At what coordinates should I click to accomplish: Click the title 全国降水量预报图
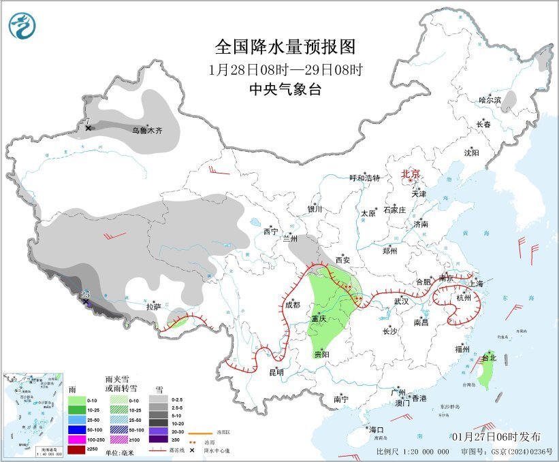pos(285,47)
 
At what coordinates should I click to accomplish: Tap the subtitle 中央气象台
pos(285,89)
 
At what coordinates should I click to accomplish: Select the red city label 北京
pos(411,174)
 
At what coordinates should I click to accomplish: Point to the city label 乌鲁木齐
pos(147,129)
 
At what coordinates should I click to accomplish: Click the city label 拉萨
pos(153,307)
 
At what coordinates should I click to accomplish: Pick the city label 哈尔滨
pos(490,99)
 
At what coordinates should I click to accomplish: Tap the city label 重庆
pos(320,318)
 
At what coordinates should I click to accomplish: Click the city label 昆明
pos(276,372)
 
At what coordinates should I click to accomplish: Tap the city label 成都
pos(292,305)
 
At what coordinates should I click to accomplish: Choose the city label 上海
pos(475,284)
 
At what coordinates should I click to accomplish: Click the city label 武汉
pos(402,301)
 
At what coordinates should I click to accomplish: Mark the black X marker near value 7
pos(89,127)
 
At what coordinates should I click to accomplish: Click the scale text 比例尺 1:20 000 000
pos(413,451)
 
